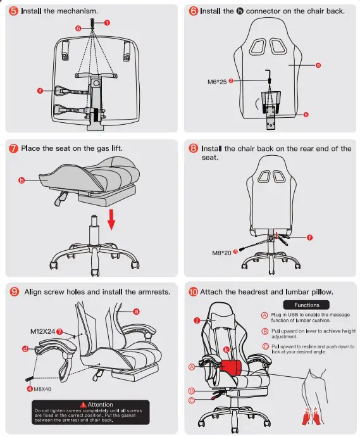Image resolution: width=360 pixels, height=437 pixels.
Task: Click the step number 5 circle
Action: coord(14,11)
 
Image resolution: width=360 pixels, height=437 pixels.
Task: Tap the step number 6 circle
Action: coord(194,11)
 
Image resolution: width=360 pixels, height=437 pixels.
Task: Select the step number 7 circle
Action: coord(13,148)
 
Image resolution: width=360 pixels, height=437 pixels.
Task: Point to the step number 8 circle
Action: coord(194,149)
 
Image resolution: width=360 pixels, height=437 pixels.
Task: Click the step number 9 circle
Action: coord(14,292)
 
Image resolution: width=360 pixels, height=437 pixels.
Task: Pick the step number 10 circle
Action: coord(194,292)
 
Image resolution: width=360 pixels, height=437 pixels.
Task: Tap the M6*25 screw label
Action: coord(217,81)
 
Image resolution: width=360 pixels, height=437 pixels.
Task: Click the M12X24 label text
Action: coord(42,331)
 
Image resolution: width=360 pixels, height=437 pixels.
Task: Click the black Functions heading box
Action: coord(307,305)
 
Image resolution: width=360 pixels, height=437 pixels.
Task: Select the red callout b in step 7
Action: coord(20,180)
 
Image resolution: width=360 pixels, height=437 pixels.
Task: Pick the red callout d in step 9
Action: coord(25,348)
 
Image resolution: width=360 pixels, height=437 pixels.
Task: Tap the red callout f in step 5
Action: coord(40,91)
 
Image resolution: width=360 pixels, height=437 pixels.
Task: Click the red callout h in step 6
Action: coord(306,115)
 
